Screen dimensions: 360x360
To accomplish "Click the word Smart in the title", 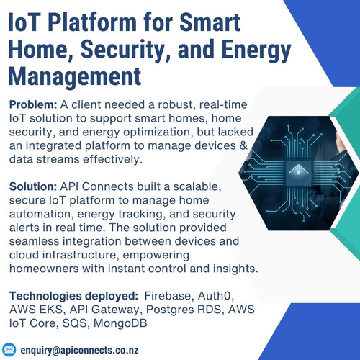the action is pos(210,22).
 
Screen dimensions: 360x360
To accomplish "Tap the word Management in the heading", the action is pos(75,76).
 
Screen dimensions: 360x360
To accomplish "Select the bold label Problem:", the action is pos(33,105).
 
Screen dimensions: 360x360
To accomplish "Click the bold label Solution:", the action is pos(33,186).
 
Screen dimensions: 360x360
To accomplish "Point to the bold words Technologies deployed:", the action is pos(73,296).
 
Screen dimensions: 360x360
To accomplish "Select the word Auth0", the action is pos(216,296).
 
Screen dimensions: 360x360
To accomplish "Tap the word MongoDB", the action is pos(120,323).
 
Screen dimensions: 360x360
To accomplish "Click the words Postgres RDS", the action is pos(184,310).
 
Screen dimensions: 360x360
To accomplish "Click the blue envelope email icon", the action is pos(9,350).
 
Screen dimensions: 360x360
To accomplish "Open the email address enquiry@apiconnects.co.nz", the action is pos(79,350).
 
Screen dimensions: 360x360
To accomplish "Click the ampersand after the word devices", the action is pos(243,145).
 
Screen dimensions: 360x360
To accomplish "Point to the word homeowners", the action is pos(44,269).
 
